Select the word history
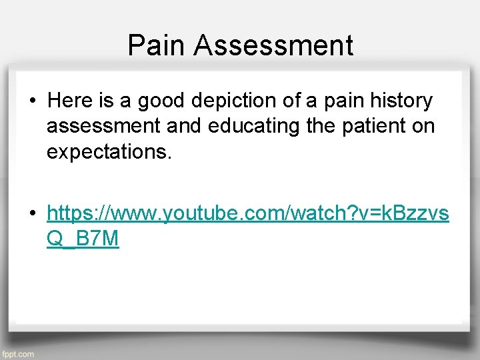[x=401, y=101]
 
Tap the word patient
[x=379, y=126]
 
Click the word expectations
[x=109, y=152]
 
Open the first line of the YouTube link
[x=248, y=213]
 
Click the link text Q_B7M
[x=83, y=239]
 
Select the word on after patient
[x=425, y=126]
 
